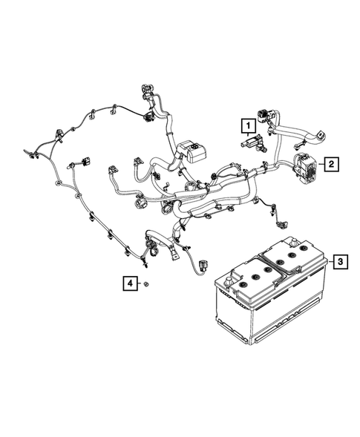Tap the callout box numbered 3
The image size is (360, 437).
pyautogui.click(x=339, y=260)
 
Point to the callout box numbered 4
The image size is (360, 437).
pyautogui.click(x=129, y=283)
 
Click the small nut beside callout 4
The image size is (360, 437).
pyautogui.click(x=148, y=284)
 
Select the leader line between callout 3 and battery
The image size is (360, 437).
pyautogui.click(x=329, y=260)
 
